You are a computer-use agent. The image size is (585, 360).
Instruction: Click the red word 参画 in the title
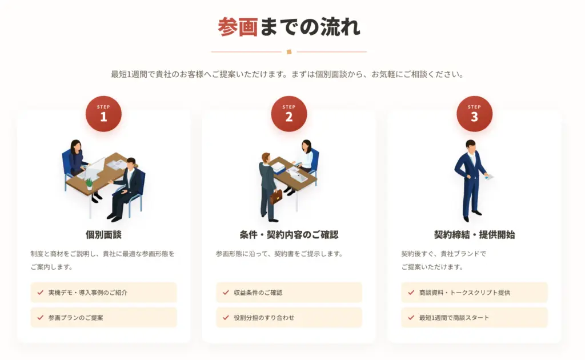(238, 27)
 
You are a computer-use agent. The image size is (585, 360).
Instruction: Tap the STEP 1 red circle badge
(104, 114)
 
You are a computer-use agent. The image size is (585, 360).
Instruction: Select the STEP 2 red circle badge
(289, 114)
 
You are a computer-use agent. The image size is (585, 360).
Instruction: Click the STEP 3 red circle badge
(475, 114)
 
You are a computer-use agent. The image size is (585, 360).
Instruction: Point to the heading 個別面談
(104, 235)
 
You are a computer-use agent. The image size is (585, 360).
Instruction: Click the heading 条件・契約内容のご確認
(289, 235)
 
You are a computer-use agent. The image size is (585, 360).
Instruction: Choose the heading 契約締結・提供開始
(475, 235)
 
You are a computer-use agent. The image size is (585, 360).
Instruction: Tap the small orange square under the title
(289, 52)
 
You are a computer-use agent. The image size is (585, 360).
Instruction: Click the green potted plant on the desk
(89, 183)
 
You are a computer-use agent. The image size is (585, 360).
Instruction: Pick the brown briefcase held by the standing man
(276, 197)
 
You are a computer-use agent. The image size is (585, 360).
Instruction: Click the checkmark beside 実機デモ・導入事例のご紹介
(41, 293)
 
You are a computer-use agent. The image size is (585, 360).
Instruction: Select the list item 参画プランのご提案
(104, 318)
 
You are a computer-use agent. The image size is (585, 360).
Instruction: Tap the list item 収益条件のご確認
(289, 293)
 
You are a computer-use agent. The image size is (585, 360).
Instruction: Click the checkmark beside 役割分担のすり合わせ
(226, 318)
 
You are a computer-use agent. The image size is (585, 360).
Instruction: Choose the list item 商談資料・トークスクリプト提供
(475, 293)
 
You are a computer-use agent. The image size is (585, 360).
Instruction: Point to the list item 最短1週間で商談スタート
(475, 318)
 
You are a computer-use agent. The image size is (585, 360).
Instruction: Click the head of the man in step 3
(471, 146)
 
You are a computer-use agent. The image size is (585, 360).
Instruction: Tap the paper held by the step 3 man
(489, 177)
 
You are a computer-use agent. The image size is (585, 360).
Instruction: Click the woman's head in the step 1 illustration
(76, 146)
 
